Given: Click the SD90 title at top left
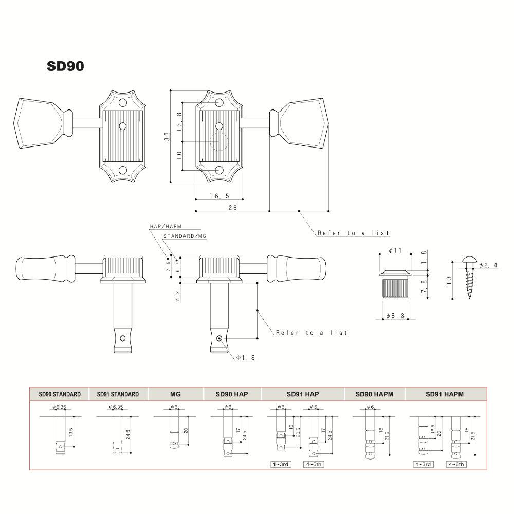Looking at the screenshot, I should click(x=65, y=66).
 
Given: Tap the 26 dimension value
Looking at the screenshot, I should click(x=232, y=208).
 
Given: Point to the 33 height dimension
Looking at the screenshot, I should click(x=167, y=136).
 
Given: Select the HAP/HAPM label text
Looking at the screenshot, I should click(x=166, y=226).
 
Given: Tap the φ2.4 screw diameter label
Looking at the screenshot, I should click(x=488, y=265).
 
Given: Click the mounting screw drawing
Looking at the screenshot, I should click(x=469, y=278).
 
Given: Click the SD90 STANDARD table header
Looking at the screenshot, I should click(x=60, y=394).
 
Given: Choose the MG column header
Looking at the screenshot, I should click(x=175, y=394).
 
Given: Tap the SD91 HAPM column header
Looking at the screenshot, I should click(x=445, y=394).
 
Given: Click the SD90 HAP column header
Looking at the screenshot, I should click(x=232, y=394).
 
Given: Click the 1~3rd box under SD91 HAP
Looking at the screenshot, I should click(x=281, y=464).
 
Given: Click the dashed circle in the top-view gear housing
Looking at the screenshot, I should click(x=218, y=141).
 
